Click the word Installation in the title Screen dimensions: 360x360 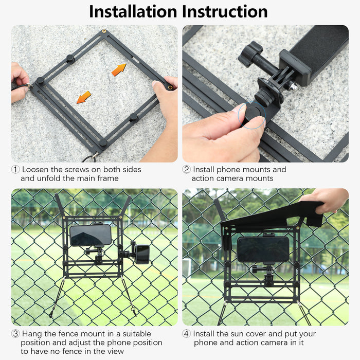pyautogui.click(x=133, y=11)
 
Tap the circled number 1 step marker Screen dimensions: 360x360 pyautogui.click(x=15, y=169)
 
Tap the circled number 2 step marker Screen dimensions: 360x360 pyautogui.click(x=186, y=169)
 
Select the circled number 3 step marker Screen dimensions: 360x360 pyautogui.click(x=15, y=334)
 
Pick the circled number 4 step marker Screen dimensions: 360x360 pyautogui.click(x=186, y=334)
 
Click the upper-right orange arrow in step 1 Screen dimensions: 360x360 pyautogui.click(x=119, y=69)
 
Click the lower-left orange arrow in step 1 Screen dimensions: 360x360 pyautogui.click(x=83, y=97)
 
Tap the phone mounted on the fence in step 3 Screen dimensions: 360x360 pyautogui.click(x=91, y=235)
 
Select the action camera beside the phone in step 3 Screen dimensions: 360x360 pyautogui.click(x=140, y=254)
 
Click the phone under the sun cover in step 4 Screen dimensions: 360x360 pyautogui.click(x=263, y=249)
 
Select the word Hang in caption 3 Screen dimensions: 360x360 pyautogui.click(x=32, y=334)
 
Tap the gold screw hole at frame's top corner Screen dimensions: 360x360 pyautogui.click(x=105, y=31)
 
